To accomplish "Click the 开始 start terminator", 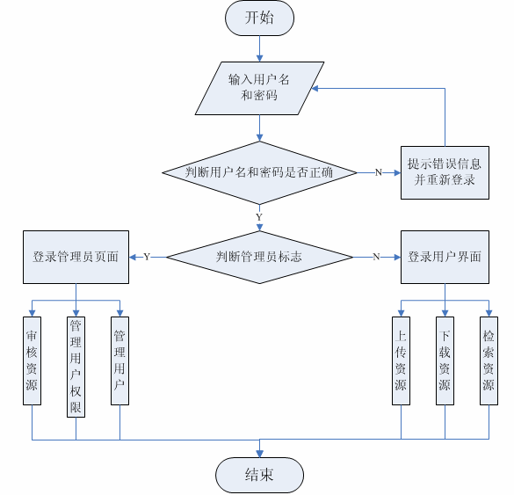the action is (x=259, y=18).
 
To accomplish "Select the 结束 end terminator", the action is (x=259, y=475).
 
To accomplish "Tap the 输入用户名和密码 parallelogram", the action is (x=259, y=88).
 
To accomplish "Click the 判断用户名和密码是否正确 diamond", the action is (x=259, y=172).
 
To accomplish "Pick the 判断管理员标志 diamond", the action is (x=259, y=258).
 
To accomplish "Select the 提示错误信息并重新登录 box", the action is (x=445, y=172).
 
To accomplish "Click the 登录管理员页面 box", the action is (x=76, y=258).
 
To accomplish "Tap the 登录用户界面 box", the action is (x=445, y=258).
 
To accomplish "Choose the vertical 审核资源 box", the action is (x=32, y=360).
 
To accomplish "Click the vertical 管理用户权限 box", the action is (x=76, y=367).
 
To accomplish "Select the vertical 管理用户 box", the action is (x=119, y=360).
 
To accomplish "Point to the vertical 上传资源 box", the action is (x=401, y=360).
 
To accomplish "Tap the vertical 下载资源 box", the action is (x=445, y=360).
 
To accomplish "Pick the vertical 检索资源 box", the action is (x=489, y=360).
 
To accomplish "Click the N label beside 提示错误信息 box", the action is (x=379, y=172).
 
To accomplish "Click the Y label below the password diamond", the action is (x=259, y=217).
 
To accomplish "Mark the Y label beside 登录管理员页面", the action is (x=147, y=257).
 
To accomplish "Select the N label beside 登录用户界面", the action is (x=376, y=257).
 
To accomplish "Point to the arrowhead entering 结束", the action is (x=259, y=454).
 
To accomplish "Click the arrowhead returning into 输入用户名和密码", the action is (x=315, y=88).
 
